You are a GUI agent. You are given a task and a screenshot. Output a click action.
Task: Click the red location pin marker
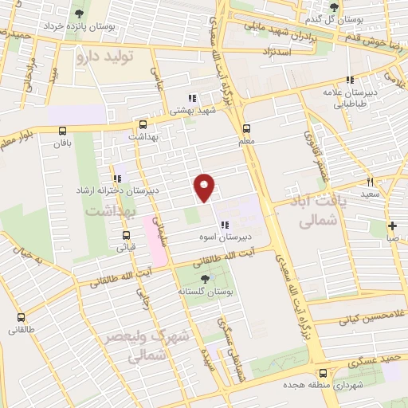tap(206, 186)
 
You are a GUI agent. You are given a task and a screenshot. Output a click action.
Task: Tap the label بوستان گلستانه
tap(206, 292)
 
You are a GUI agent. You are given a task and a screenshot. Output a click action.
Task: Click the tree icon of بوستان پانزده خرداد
tap(79, 14)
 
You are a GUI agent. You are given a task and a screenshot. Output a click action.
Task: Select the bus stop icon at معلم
tap(245, 127)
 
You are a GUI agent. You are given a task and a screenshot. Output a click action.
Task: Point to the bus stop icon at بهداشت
tap(143, 124)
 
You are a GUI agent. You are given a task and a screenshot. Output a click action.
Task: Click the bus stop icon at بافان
tap(63, 131)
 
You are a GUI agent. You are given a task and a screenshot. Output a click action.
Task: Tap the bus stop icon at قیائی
tap(126, 234)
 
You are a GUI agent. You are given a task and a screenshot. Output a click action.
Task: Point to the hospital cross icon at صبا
tap(392, 225)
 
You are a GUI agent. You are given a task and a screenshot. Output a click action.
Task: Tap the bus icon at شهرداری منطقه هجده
tap(322, 372)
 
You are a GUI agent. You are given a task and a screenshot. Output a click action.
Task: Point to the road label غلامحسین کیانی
tap(373, 318)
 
